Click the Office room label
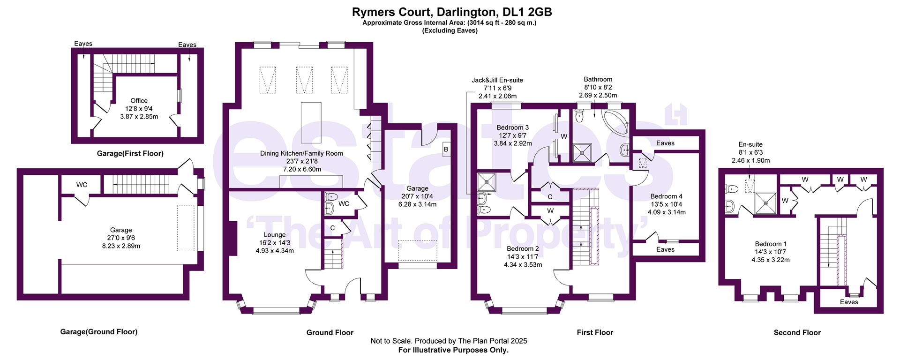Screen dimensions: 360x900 pyautogui.click(x=139, y=101)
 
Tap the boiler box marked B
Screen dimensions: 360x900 pyautogui.click(x=445, y=150)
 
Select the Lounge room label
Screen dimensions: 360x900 pyautogui.click(x=275, y=235)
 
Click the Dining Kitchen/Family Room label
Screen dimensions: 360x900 pyautogui.click(x=301, y=153)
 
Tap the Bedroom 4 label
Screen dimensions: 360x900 pyautogui.click(x=666, y=196)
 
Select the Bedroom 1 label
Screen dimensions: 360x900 pyautogui.click(x=771, y=244)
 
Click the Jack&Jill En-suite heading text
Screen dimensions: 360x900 pyautogui.click(x=497, y=80)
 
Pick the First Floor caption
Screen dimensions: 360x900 pyautogui.click(x=594, y=332)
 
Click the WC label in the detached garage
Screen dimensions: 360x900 pyautogui.click(x=82, y=185)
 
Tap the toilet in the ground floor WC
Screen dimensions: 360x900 pyautogui.click(x=331, y=197)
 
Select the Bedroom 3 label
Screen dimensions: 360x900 pyautogui.click(x=513, y=127)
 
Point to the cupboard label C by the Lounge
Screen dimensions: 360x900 pyautogui.click(x=332, y=228)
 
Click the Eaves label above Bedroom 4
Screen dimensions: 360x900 pyautogui.click(x=665, y=143)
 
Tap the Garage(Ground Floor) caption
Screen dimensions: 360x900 pyautogui.click(x=98, y=332)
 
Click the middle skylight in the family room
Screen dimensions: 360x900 pyautogui.click(x=304, y=80)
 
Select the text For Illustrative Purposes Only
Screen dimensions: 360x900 pyautogui.click(x=453, y=350)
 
